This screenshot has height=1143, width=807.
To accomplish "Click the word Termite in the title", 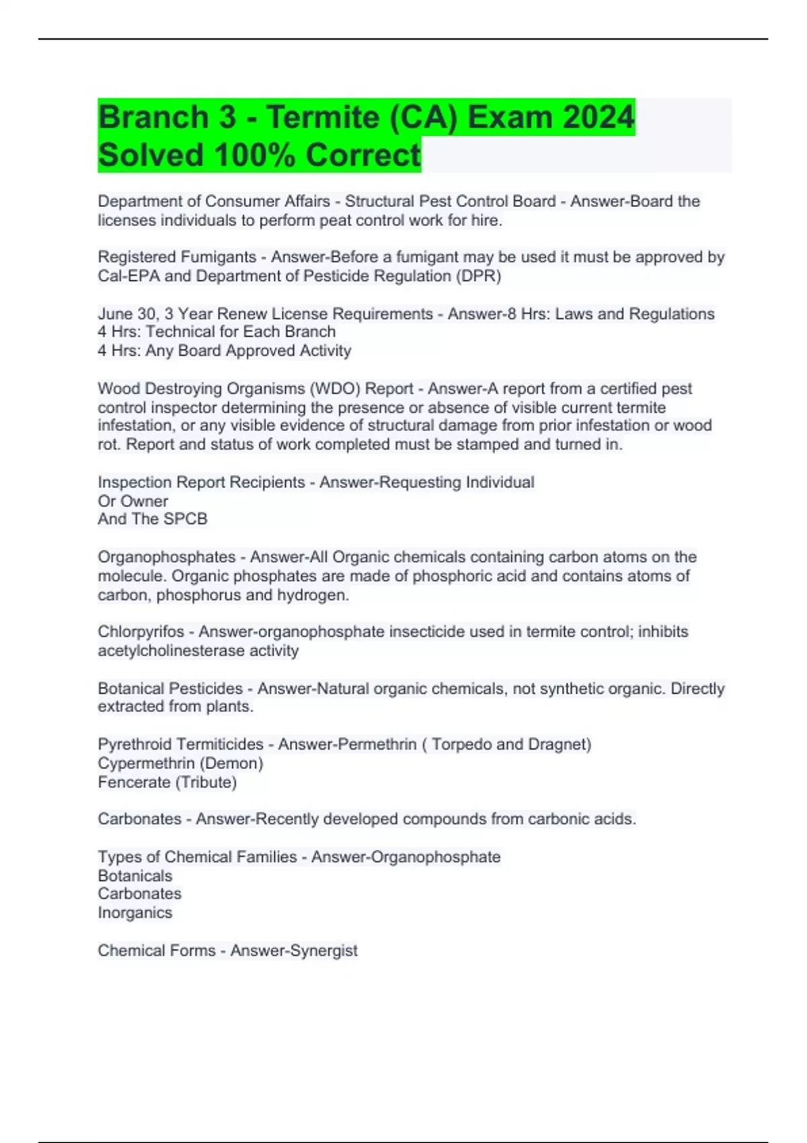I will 323,118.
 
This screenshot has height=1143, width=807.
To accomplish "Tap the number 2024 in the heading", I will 598,118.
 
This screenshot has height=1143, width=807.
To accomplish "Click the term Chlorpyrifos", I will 141,632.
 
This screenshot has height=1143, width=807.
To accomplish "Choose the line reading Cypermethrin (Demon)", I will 180,764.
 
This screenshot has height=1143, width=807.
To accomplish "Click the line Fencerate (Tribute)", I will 167,783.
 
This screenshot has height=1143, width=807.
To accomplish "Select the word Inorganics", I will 134,913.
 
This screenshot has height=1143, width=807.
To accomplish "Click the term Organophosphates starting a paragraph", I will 166,557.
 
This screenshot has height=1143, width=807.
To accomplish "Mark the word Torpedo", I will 462,745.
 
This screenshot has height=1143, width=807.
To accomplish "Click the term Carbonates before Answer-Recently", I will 139,820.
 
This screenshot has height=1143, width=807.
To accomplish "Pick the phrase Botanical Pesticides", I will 170,688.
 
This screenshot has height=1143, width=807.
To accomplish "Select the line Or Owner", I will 132,501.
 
